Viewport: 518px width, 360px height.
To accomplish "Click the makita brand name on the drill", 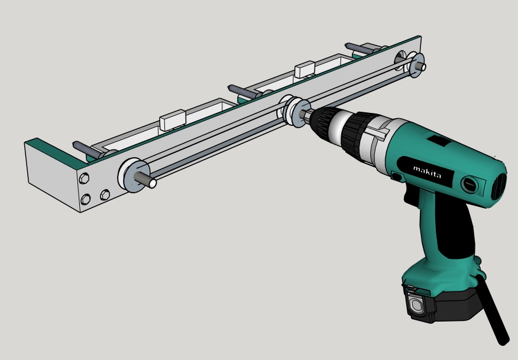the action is point(427,172).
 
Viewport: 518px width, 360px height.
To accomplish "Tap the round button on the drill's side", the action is point(470,184).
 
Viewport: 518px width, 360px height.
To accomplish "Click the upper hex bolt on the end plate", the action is point(84,179).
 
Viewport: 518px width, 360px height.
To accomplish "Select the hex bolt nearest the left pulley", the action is point(105,194).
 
